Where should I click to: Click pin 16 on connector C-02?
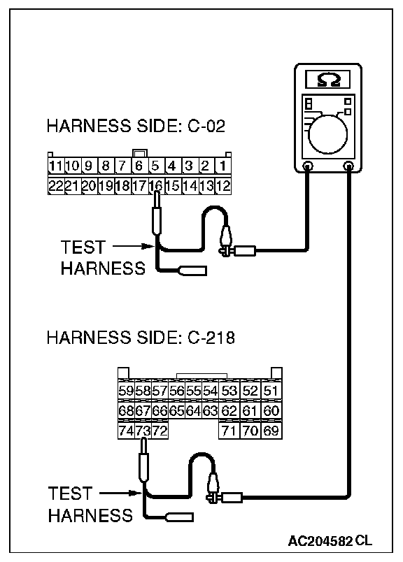point(156,186)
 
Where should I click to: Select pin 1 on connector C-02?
point(223,166)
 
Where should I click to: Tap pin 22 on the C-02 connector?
point(56,186)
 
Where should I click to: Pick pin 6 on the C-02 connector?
point(139,166)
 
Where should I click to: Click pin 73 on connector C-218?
point(143,430)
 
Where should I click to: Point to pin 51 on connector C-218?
point(271,390)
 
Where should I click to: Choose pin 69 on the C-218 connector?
point(271,430)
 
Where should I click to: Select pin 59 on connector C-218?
point(126,390)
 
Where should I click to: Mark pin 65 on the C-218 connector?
point(176,410)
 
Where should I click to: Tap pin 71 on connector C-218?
point(229,430)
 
